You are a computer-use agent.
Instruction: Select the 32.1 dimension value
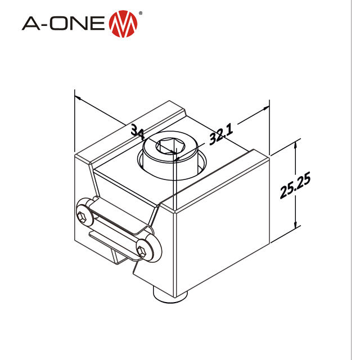(x=220, y=136)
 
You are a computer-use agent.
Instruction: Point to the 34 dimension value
(x=137, y=131)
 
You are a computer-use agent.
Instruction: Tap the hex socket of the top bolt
(x=168, y=147)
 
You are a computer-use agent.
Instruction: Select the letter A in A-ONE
(x=31, y=24)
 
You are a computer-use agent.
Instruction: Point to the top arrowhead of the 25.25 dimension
(x=295, y=144)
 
